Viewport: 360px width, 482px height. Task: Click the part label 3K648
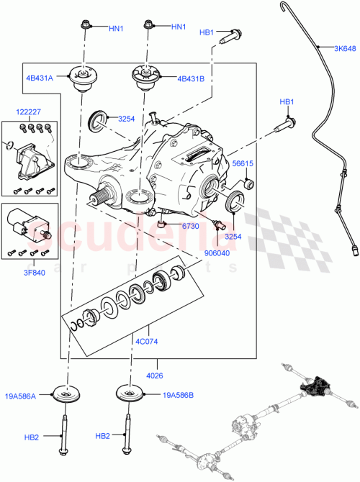tap(344, 49)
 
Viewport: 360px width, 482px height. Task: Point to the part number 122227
tap(30, 112)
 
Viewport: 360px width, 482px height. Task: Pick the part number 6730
tap(189, 226)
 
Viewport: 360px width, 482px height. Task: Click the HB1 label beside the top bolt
tap(207, 32)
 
